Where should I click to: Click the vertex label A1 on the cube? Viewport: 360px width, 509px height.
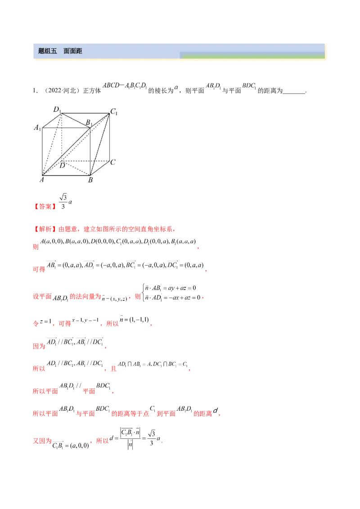[x=37, y=128]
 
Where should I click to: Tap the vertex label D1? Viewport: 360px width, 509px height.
[x=57, y=109]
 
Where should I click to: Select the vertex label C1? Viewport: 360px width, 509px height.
[x=113, y=112]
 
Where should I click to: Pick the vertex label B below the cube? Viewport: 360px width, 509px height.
[x=90, y=180]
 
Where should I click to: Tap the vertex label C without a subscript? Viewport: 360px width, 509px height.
[x=113, y=162]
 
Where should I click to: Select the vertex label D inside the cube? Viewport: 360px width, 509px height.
[x=63, y=165]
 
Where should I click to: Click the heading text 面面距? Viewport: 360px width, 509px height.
[x=72, y=51]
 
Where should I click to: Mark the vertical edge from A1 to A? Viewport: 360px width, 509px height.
[x=42, y=152]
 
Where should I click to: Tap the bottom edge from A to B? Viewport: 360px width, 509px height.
[x=66, y=175]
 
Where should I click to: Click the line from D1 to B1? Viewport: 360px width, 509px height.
[x=76, y=121]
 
